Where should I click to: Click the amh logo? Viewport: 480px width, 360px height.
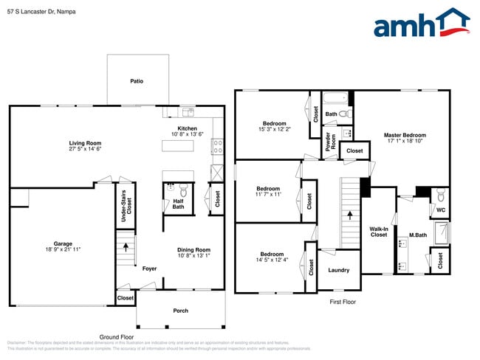click(421, 23)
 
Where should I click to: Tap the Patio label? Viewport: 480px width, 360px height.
click(137, 81)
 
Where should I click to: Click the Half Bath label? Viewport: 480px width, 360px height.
click(178, 204)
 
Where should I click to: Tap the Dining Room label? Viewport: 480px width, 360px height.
click(193, 249)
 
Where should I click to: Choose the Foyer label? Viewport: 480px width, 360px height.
click(149, 269)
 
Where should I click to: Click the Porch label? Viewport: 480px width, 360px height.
click(180, 310)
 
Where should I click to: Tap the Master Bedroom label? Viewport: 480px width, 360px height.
click(404, 135)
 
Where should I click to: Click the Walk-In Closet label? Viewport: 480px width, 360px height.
click(378, 232)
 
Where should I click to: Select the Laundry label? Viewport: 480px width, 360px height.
click(338, 270)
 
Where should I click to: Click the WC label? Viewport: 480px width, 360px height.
click(441, 210)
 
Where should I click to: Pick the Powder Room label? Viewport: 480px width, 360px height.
click(328, 142)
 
